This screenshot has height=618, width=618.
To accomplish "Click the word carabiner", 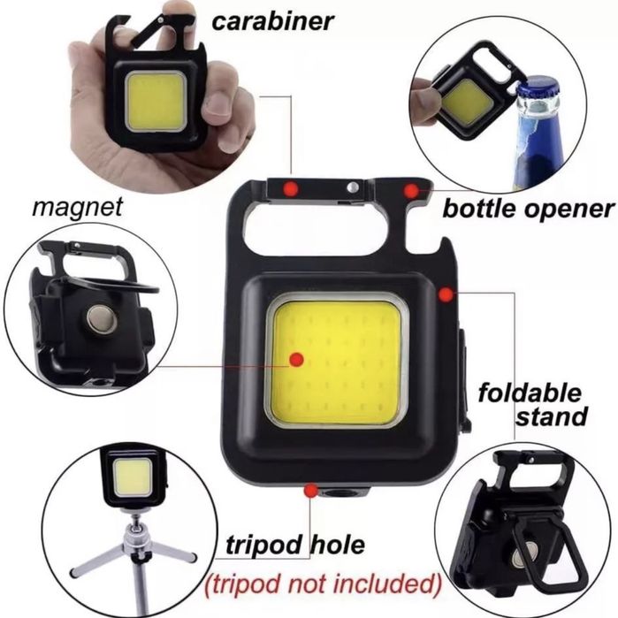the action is pyautogui.click(x=272, y=21).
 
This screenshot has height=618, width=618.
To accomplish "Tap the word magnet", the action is pyautogui.click(x=78, y=207).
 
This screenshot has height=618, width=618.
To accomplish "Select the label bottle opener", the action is pyautogui.click(x=528, y=209).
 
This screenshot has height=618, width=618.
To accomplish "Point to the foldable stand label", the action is pyautogui.click(x=532, y=405).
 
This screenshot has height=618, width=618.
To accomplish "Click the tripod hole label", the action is pyautogui.click(x=295, y=545).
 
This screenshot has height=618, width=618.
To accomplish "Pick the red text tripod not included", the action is pyautogui.click(x=323, y=584).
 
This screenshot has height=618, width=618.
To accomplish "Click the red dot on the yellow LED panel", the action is pyautogui.click(x=296, y=359).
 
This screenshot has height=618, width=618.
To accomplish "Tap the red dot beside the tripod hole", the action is pyautogui.click(x=311, y=491).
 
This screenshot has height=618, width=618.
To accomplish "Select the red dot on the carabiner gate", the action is pyautogui.click(x=291, y=188).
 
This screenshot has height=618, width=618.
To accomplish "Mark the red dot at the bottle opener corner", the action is pyautogui.click(x=411, y=191).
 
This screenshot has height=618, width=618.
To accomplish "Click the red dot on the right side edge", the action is pyautogui.click(x=446, y=294).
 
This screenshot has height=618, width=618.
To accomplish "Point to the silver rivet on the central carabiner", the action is pyautogui.click(x=353, y=187).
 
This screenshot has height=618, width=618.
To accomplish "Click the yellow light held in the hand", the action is pyautogui.click(x=156, y=102).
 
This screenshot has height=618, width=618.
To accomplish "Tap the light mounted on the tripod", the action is pyautogui.click(x=132, y=477).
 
